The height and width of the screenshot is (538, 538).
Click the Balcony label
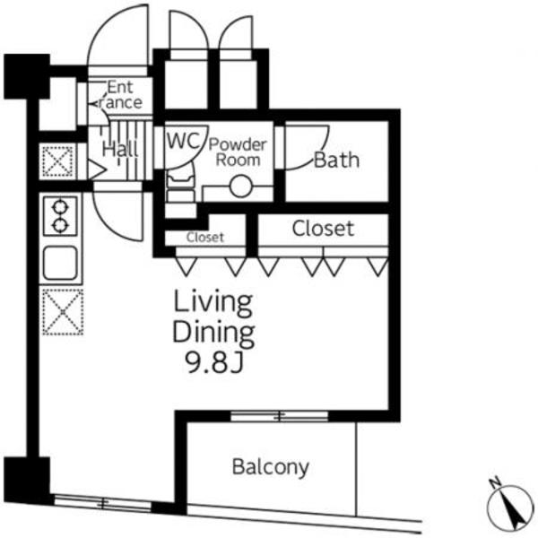[271, 467]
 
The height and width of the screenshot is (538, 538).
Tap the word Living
[213, 303]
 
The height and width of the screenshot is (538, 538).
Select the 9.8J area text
[214, 362]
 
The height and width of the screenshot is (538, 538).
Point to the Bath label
[336, 161]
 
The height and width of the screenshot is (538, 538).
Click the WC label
[183, 140]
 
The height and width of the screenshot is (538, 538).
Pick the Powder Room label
[238, 152]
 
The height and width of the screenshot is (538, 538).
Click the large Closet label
[323, 229]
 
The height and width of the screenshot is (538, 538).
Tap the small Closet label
[205, 237]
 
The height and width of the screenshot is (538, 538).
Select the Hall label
[120, 150]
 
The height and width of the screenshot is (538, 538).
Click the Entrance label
[120, 95]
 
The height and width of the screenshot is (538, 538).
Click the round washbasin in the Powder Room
[240, 187]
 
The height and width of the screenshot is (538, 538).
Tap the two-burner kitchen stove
[60, 216]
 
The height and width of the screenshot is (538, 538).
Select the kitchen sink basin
[60, 263]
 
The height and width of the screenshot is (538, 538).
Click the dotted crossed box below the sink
[63, 311]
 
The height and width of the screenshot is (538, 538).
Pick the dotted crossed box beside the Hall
[57, 161]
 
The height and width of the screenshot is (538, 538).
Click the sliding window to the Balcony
[279, 416]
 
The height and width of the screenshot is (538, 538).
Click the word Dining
[213, 333]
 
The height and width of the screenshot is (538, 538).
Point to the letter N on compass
[494, 483]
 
